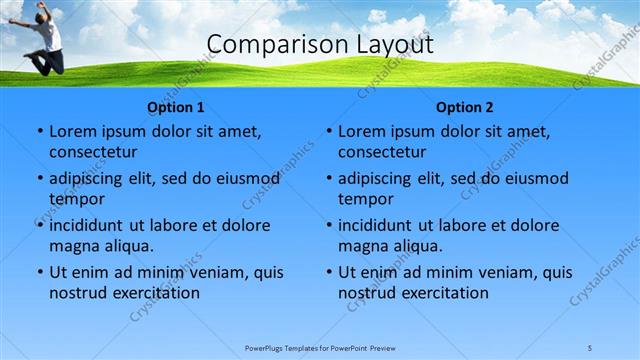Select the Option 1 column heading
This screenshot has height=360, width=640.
176,108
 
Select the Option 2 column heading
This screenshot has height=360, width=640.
465,108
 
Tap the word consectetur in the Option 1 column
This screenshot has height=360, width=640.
93,152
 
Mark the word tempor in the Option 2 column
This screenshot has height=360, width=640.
366,199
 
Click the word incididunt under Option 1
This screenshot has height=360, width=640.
87,225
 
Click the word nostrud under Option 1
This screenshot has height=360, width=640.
78,293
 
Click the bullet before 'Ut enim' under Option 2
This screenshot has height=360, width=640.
329,272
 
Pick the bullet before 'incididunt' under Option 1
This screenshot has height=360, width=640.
40,225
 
